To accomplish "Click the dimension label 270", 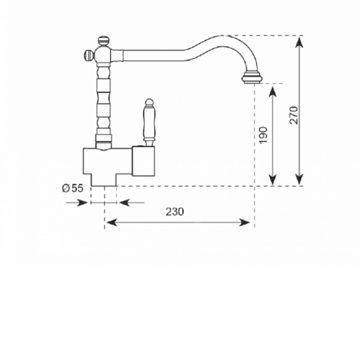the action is coord(294,115).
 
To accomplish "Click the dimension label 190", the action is coord(264,135).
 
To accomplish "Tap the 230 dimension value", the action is coord(175,212).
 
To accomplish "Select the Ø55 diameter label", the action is coord(73,188).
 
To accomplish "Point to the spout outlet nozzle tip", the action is coord(252,78).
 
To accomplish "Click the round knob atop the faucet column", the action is coord(104,40).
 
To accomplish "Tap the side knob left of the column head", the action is coord(88,55).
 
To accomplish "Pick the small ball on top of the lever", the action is coord(149,102).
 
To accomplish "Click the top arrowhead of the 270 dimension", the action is coord(299,42).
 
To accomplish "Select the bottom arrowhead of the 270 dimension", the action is coord(299,179).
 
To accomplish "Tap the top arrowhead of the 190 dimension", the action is coord(272,91).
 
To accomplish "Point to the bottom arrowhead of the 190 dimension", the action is coord(272,179).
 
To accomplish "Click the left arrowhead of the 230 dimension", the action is coord(112,222).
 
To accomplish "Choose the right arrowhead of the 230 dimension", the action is coord(243,222).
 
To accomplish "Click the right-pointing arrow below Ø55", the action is coord(77,203).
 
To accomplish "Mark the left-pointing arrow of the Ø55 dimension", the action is coord(132,203).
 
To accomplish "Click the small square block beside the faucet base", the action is coord(144,161).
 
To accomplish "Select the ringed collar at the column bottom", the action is coord(104,138).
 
